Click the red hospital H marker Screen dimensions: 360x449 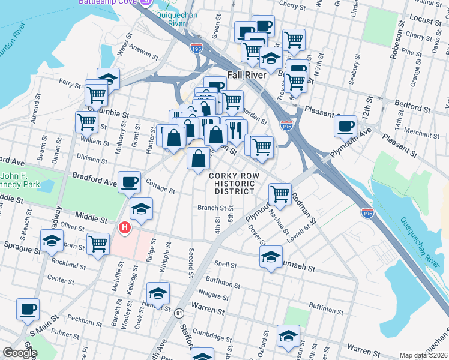pyautogui.click(x=125, y=228)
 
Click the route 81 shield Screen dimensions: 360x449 pyautogui.click(x=179, y=313)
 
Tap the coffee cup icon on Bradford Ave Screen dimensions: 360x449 pyautogui.click(x=130, y=182)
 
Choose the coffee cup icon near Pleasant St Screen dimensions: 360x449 pyautogui.click(x=346, y=127)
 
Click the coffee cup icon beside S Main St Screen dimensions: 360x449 pyautogui.click(x=28, y=310)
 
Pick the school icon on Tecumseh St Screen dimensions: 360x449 pyautogui.click(x=271, y=256)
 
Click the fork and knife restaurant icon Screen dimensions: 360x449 pyautogui.click(x=236, y=129)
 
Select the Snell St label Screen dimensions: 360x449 pyautogui.click(x=226, y=264)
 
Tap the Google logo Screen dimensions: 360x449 pyautogui.click(x=20, y=353)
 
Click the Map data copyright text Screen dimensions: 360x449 pyautogui.click(x=423, y=355)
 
